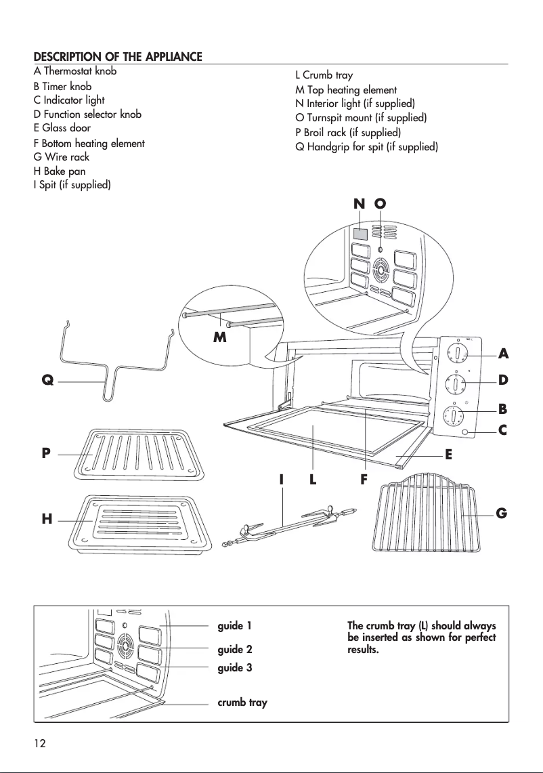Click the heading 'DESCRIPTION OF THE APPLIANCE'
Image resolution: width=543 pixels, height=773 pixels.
pos(118,56)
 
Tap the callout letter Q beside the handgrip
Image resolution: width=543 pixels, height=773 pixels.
pos(47,381)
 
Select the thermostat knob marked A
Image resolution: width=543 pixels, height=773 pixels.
pos(458,353)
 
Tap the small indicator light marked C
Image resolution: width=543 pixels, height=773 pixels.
pos(465,432)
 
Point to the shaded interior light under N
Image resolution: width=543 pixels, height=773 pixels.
pos(360,234)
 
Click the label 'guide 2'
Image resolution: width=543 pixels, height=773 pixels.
pos(234,650)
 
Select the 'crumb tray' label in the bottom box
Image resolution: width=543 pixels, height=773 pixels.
pos(242,703)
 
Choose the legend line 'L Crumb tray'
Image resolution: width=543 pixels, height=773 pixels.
pos(324,75)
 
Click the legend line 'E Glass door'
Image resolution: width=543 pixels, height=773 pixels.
pos(62,128)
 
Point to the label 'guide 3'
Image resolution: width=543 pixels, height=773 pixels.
pos(234,668)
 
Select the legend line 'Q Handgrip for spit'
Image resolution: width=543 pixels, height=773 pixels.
pos(366,146)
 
